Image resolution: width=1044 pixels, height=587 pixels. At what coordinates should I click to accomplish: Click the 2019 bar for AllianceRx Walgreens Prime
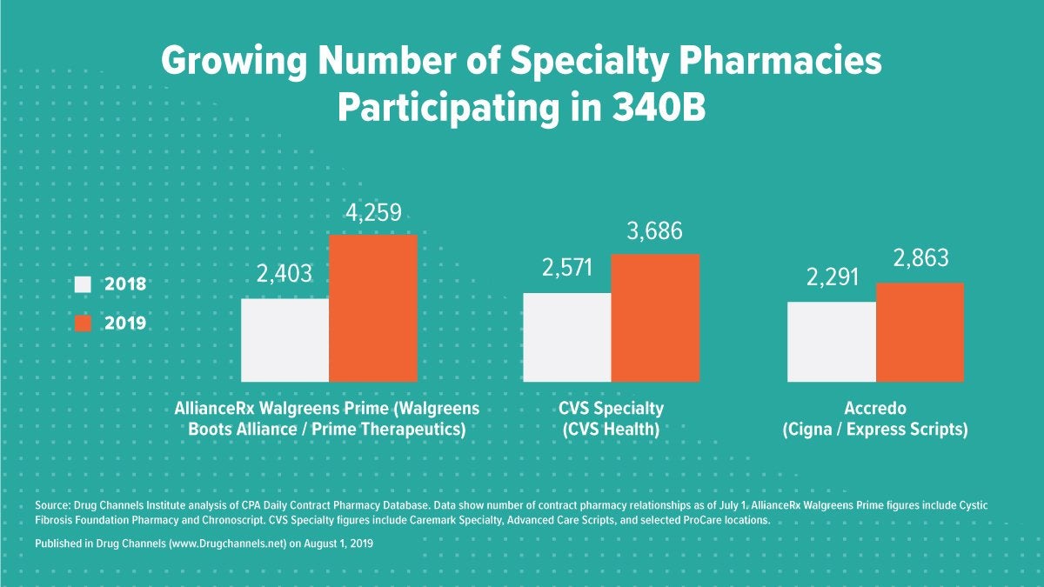[x=372, y=308]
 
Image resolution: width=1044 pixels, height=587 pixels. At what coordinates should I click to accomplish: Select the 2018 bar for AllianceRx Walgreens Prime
[x=284, y=340]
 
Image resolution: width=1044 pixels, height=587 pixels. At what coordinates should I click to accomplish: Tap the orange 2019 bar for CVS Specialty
[x=654, y=317]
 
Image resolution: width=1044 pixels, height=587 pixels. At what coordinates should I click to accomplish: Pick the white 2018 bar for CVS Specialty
[x=566, y=337]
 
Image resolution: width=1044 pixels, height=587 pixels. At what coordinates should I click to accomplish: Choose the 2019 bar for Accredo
[x=920, y=332]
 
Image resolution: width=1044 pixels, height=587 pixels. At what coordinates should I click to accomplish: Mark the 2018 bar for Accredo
[x=831, y=342]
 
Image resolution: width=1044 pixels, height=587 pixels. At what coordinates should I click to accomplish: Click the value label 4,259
[x=372, y=213]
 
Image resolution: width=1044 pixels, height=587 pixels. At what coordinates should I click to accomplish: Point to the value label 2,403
[x=284, y=275]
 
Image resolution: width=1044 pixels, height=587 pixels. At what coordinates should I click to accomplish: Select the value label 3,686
[x=654, y=231]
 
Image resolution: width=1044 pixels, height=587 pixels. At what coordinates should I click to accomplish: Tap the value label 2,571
[x=566, y=269]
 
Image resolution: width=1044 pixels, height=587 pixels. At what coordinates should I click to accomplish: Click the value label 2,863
[x=920, y=259]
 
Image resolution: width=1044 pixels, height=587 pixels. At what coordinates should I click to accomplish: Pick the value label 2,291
[x=831, y=277]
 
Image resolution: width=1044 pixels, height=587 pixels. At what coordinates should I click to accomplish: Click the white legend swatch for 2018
[x=84, y=284]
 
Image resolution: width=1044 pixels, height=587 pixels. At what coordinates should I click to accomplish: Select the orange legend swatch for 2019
[x=84, y=323]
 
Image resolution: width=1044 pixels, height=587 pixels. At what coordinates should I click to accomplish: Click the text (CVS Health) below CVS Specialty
[x=611, y=430]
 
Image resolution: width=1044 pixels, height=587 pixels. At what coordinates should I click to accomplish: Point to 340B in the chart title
[x=654, y=109]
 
